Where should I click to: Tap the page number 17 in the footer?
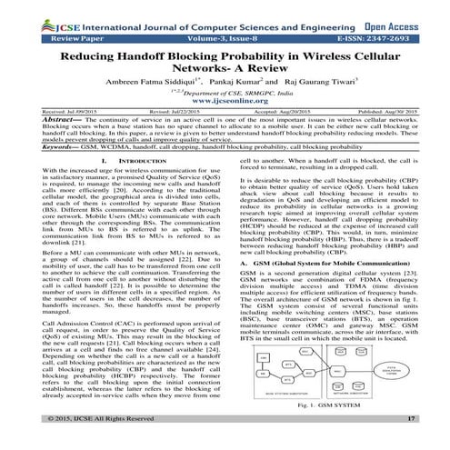(412, 442)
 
